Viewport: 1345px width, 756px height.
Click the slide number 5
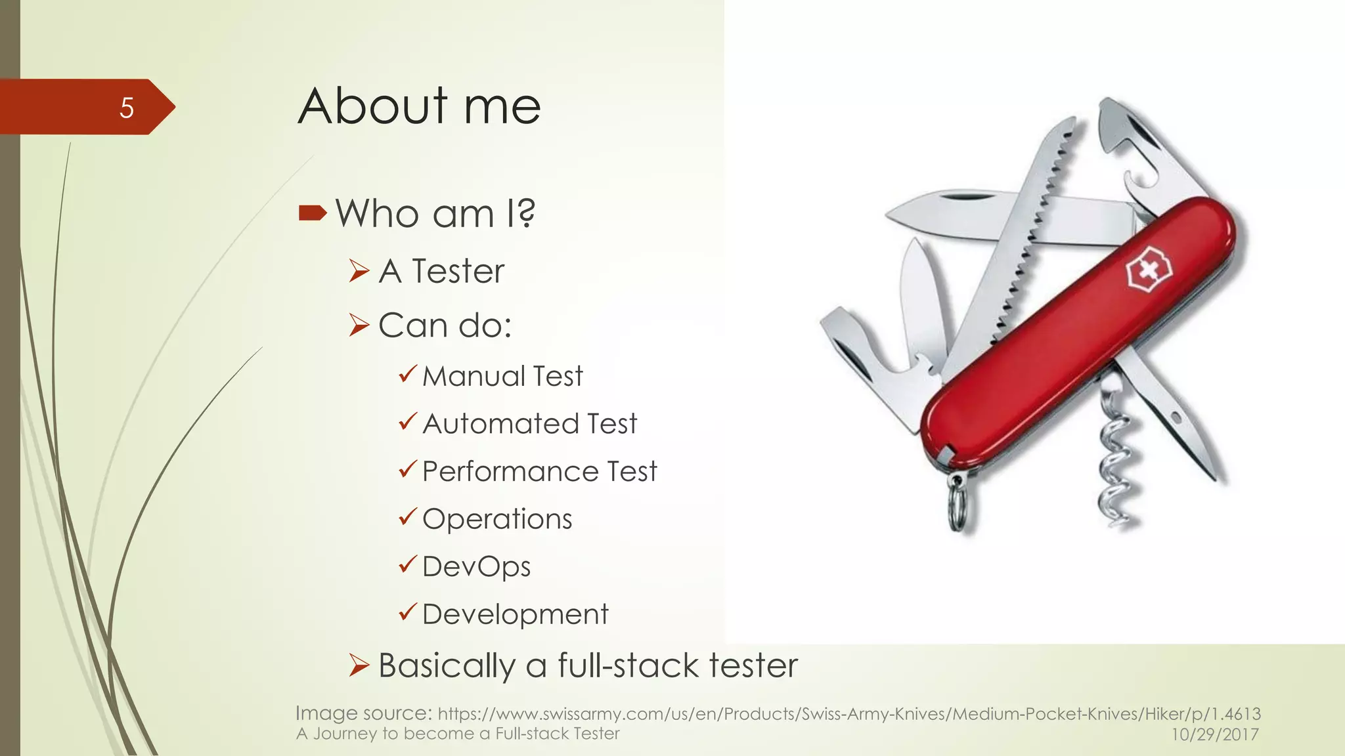pyautogui.click(x=127, y=108)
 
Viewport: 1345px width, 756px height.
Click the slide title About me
pyautogui.click(x=419, y=106)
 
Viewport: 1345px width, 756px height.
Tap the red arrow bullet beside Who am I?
pyautogui.click(x=312, y=213)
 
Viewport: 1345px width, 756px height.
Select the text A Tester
pyautogui.click(x=441, y=271)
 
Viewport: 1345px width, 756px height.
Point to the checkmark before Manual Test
pyautogui.click(x=408, y=374)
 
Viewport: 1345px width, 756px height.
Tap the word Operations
pyautogui.click(x=497, y=519)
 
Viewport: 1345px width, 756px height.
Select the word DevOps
pyautogui.click(x=476, y=567)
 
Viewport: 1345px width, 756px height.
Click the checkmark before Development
pyautogui.click(x=408, y=612)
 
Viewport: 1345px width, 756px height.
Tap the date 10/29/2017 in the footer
pyautogui.click(x=1215, y=734)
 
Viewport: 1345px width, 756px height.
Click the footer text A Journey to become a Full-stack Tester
pyautogui.click(x=458, y=734)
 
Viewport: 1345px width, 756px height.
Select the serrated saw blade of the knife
pyautogui.click(x=1038, y=217)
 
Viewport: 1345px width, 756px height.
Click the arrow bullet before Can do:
pyautogui.click(x=359, y=325)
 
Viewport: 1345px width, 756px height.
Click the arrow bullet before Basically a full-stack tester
pyautogui.click(x=359, y=665)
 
